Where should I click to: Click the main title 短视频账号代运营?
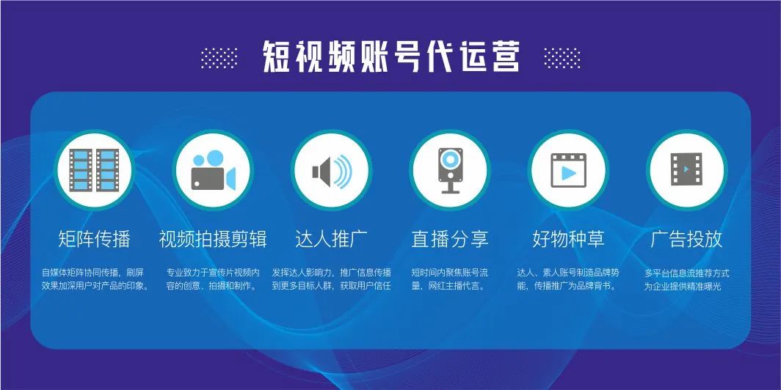391,57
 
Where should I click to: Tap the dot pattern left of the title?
219,58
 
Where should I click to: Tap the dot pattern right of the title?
562,58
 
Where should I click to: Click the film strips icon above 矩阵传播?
94,169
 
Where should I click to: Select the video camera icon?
213,170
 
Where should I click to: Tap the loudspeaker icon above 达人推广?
332,171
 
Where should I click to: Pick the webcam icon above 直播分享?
450,170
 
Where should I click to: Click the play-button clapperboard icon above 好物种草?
568,170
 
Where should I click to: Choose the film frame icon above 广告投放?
686,169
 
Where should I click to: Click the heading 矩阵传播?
94,239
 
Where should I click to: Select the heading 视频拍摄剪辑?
213,239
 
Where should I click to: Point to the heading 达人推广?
332,239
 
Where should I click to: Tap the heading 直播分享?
450,239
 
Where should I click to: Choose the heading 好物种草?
568,239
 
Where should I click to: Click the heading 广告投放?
686,239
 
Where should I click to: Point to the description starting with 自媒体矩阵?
95,279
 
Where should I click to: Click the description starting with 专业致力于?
213,279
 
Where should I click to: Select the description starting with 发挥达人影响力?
332,279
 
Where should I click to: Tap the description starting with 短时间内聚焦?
450,279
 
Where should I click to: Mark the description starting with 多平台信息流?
686,279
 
